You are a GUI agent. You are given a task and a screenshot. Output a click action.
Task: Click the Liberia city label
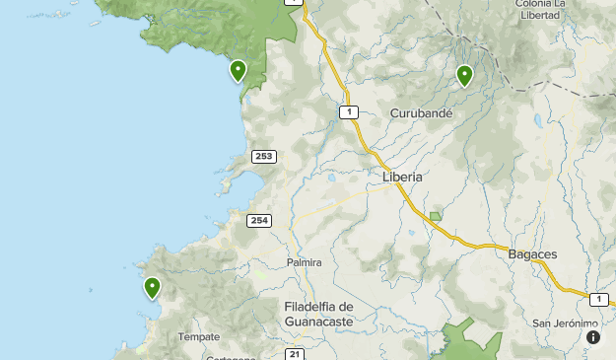(401, 177)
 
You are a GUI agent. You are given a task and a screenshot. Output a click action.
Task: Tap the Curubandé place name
(421, 113)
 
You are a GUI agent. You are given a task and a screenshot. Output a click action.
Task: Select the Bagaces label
(532, 253)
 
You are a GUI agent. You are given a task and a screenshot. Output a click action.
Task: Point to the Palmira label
(304, 262)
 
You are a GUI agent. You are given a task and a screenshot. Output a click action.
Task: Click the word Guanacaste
(318, 322)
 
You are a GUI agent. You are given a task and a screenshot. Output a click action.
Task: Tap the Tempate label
(199, 336)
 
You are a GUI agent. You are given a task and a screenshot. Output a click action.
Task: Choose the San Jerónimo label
(565, 324)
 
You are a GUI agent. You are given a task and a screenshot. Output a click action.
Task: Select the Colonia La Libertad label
(544, 9)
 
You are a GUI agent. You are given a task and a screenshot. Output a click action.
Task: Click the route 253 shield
(263, 156)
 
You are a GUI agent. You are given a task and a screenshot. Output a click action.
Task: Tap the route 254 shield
(259, 220)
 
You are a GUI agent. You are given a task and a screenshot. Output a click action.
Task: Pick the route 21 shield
(295, 353)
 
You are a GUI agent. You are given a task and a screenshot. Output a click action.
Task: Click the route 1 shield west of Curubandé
(348, 112)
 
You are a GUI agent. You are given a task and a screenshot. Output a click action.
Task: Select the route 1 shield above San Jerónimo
(599, 299)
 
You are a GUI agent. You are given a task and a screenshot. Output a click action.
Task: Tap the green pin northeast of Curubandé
(464, 75)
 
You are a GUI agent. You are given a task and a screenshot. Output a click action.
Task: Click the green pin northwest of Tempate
(152, 288)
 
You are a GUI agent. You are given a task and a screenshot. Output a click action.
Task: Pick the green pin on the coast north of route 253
(238, 70)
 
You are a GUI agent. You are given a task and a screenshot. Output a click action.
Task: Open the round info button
(593, 337)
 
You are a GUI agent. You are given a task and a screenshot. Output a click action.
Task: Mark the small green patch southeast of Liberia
(436, 216)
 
